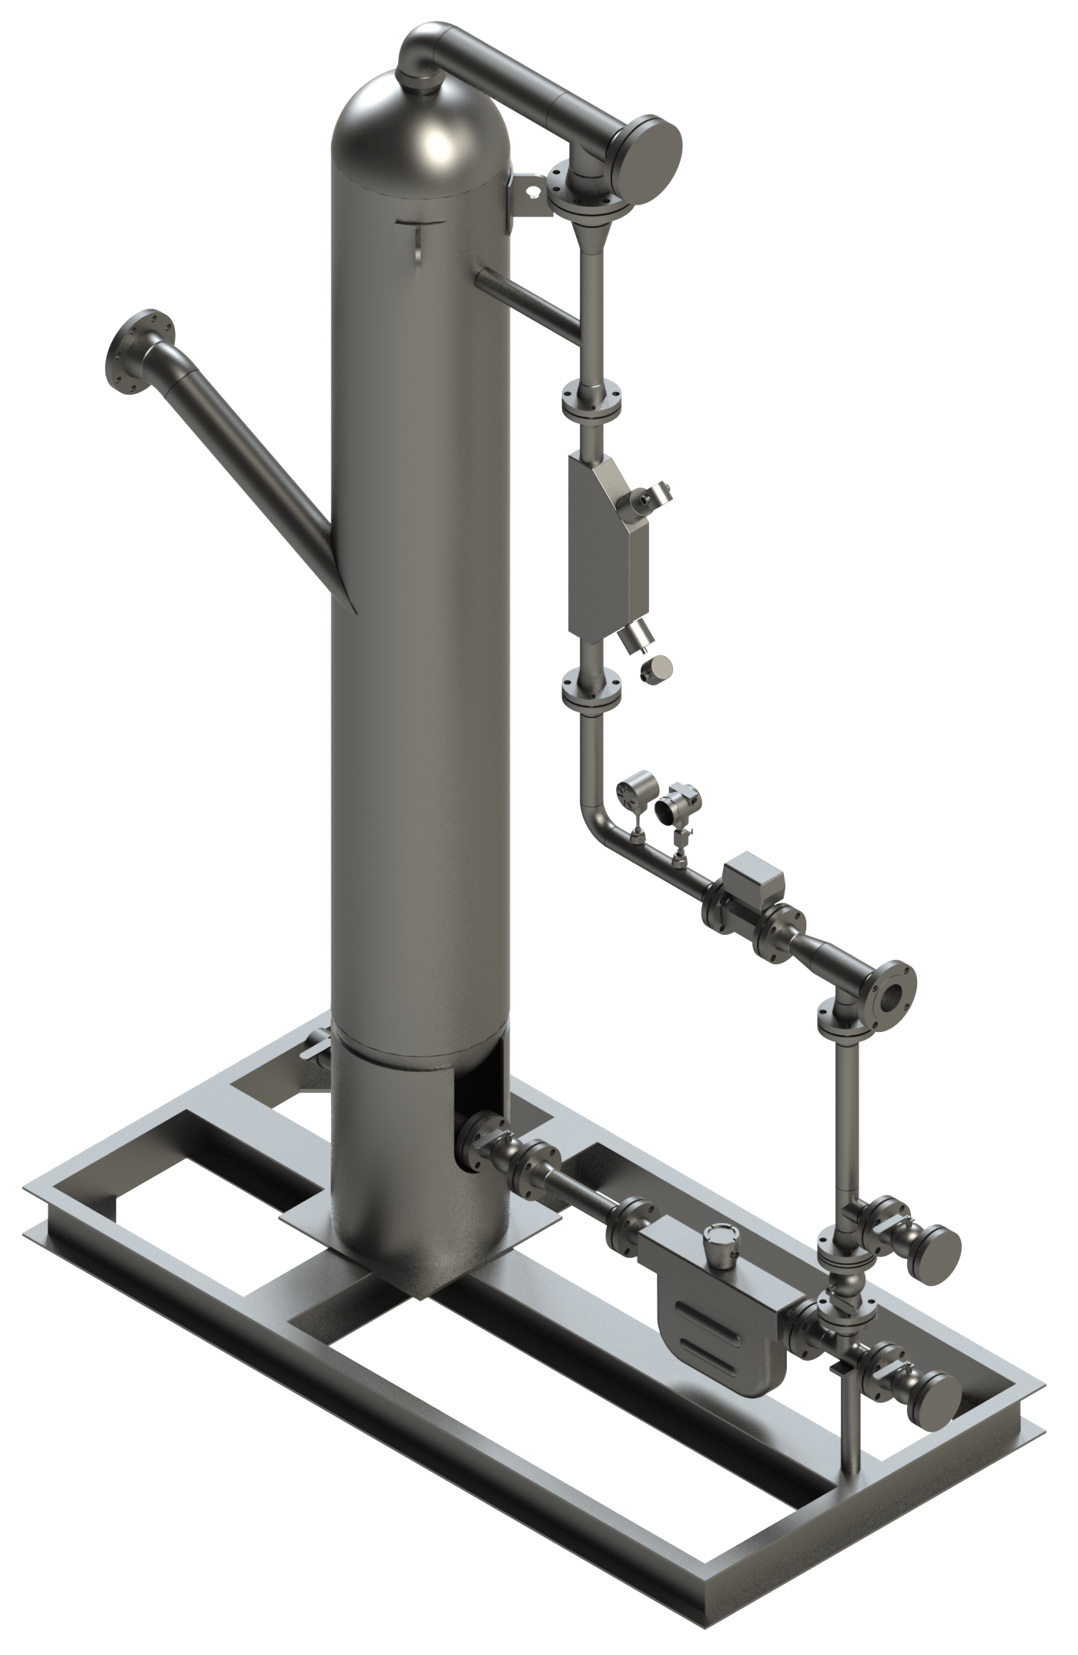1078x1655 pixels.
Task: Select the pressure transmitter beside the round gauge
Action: (x=671, y=806)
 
